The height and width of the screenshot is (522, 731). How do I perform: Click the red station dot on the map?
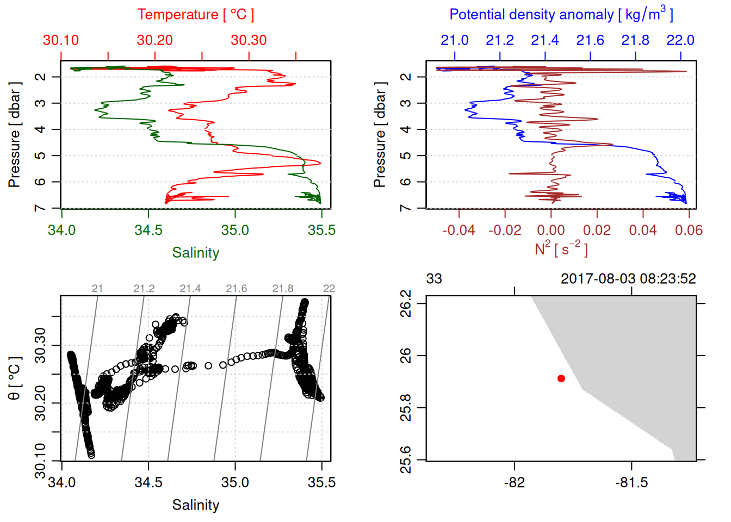coord(561,378)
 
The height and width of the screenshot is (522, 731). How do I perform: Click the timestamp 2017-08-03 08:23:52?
coord(628,279)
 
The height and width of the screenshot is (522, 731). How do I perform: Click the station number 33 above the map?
coord(434,279)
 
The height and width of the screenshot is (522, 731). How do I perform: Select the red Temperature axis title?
coord(195,15)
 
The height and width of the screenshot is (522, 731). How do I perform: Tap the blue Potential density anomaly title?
coord(561,14)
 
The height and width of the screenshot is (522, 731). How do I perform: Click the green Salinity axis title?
coord(195,253)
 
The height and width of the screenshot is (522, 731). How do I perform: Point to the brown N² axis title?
coord(561,249)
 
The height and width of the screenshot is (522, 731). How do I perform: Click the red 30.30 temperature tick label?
coord(249,40)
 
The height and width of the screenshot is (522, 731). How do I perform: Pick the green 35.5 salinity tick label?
coord(321,230)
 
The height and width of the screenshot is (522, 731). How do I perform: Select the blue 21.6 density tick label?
coord(590,40)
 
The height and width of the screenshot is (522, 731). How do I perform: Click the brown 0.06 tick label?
coord(689,230)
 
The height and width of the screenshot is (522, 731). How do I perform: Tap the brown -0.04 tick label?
coord(459,230)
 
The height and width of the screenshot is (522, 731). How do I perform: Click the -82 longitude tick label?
coord(514,482)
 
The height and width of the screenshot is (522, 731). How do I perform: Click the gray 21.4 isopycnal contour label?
coord(190,289)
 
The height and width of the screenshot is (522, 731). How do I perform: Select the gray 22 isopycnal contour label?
coord(329,289)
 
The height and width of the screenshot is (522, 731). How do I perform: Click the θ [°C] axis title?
coord(15,378)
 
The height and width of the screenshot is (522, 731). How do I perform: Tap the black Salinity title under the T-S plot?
coord(195,505)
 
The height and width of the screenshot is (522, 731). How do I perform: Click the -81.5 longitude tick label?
coord(631,482)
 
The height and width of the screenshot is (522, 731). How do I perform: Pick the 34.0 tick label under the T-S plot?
coord(61,482)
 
